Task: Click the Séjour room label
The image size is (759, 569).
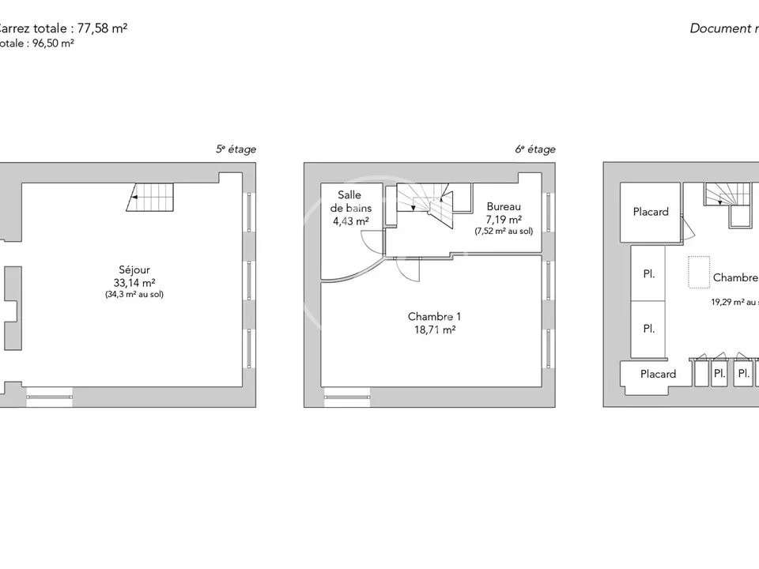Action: click(x=134, y=270)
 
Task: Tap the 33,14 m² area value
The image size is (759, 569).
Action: click(x=134, y=283)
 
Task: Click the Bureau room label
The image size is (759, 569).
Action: click(x=504, y=207)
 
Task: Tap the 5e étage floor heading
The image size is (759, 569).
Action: click(x=236, y=149)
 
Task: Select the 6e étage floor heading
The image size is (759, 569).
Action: click(x=535, y=149)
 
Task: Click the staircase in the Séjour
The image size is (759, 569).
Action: click(x=150, y=197)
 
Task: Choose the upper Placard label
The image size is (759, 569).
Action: click(x=651, y=212)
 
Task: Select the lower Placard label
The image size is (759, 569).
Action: click(x=658, y=374)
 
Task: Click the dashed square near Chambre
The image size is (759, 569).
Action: click(x=698, y=273)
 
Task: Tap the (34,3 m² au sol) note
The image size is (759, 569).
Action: click(x=134, y=295)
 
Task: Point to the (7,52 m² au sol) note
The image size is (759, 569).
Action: click(x=504, y=232)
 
